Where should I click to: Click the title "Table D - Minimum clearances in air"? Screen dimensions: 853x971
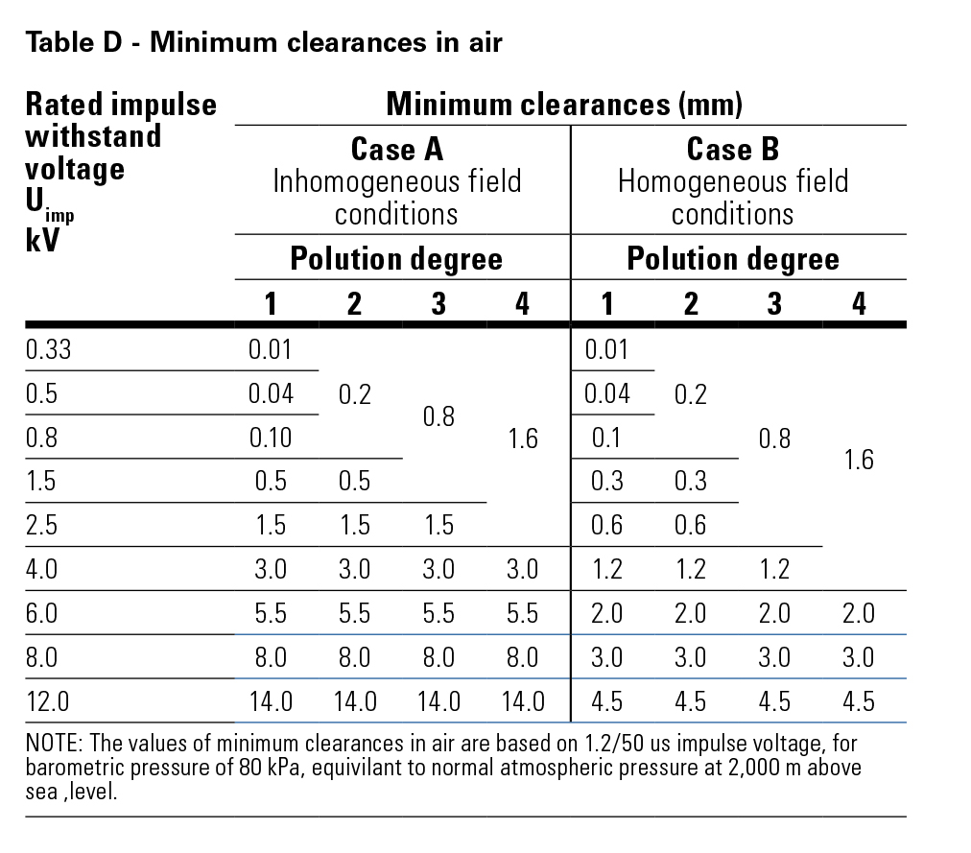pyautogui.click(x=264, y=43)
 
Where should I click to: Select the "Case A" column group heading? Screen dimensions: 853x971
pyautogui.click(x=397, y=150)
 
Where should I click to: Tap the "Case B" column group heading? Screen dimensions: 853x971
pyautogui.click(x=733, y=150)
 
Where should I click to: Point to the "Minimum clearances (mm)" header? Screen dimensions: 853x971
pyautogui.click(x=564, y=104)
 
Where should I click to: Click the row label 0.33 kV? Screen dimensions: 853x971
pyautogui.click(x=49, y=349)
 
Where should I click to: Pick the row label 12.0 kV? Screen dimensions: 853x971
pyautogui.click(x=49, y=701)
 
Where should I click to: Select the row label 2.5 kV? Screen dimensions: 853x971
pyautogui.click(x=42, y=525)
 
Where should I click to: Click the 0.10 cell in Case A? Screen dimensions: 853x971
pyautogui.click(x=271, y=438)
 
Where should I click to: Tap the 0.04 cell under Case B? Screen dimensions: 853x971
pyautogui.click(x=607, y=393)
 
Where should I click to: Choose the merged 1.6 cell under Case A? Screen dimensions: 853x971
pyautogui.click(x=523, y=438)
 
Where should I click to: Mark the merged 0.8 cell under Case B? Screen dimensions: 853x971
pyautogui.click(x=774, y=438)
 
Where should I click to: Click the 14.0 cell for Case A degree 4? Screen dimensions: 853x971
pyautogui.click(x=523, y=701)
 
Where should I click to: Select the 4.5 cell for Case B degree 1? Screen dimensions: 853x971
pyautogui.click(x=607, y=701)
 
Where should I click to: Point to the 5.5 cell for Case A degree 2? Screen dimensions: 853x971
pyautogui.click(x=355, y=613)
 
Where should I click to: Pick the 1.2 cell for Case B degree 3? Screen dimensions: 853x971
pyautogui.click(x=774, y=569)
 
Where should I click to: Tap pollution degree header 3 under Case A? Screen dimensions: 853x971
pyautogui.click(x=438, y=304)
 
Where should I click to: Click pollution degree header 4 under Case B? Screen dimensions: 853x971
pyautogui.click(x=859, y=304)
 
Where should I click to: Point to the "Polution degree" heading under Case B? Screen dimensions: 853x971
pyautogui.click(x=733, y=259)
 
